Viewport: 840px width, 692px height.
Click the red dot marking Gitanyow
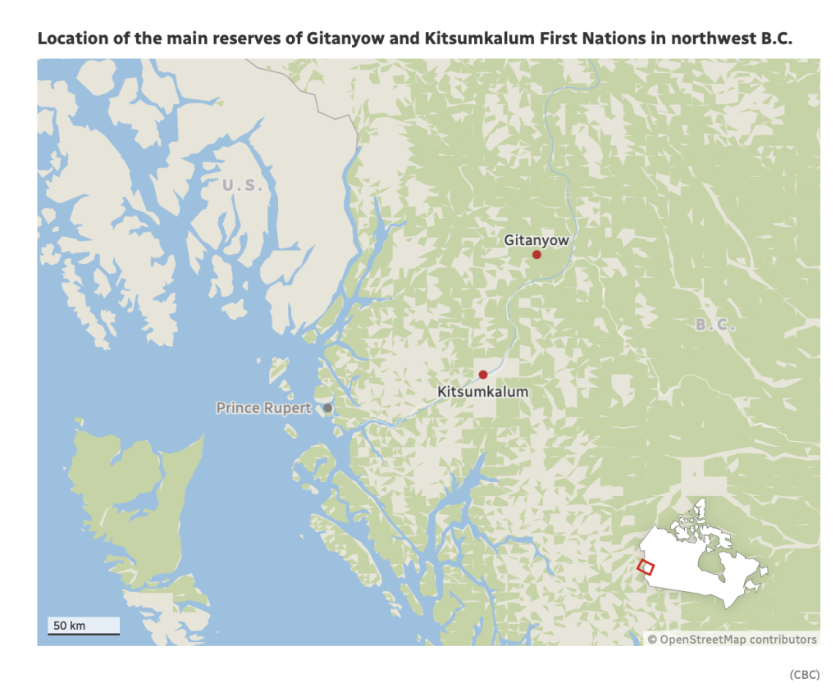point(536,255)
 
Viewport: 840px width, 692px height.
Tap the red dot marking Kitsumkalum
point(483,375)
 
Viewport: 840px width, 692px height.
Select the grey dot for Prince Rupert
point(327,407)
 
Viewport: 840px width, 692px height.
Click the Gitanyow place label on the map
point(536,240)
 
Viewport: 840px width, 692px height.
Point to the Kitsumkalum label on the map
point(483,392)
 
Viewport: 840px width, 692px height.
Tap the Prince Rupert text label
point(263,407)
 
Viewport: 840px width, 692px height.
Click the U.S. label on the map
point(243,185)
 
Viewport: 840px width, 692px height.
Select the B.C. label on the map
point(715,326)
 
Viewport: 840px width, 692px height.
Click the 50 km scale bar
point(83,627)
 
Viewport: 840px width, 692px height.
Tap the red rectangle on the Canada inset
point(646,567)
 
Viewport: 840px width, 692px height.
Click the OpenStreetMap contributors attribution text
point(737,640)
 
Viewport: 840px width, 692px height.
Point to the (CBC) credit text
point(804,674)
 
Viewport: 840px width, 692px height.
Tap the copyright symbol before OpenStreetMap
point(652,640)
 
